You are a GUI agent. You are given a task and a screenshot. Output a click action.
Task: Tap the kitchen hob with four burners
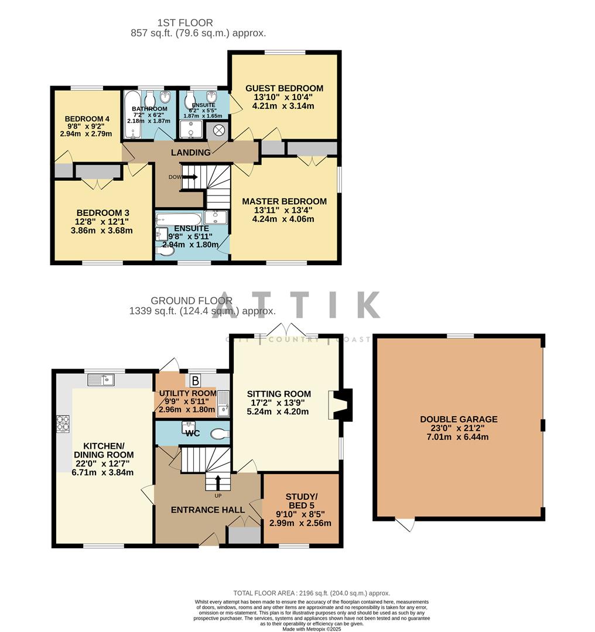[x=63, y=423]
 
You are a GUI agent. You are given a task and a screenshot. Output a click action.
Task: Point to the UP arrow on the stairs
[x=218, y=483]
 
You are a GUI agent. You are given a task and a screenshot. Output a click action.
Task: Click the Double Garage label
[x=459, y=419]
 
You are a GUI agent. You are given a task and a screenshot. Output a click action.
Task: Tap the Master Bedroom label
[x=284, y=201]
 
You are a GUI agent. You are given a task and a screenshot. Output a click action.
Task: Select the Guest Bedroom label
[x=284, y=88]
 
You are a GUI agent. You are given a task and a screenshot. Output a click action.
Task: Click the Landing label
[x=190, y=153]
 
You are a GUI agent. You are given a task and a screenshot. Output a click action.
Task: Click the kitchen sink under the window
[x=102, y=380]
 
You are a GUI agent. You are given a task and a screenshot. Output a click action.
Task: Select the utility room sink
[x=223, y=404]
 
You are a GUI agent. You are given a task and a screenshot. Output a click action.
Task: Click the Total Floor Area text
[x=311, y=593]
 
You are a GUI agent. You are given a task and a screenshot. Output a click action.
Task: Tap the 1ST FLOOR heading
[x=185, y=23]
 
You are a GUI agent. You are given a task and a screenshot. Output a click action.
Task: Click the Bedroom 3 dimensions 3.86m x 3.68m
[x=102, y=231]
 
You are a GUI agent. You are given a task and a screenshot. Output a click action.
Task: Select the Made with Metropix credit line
[x=311, y=628]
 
